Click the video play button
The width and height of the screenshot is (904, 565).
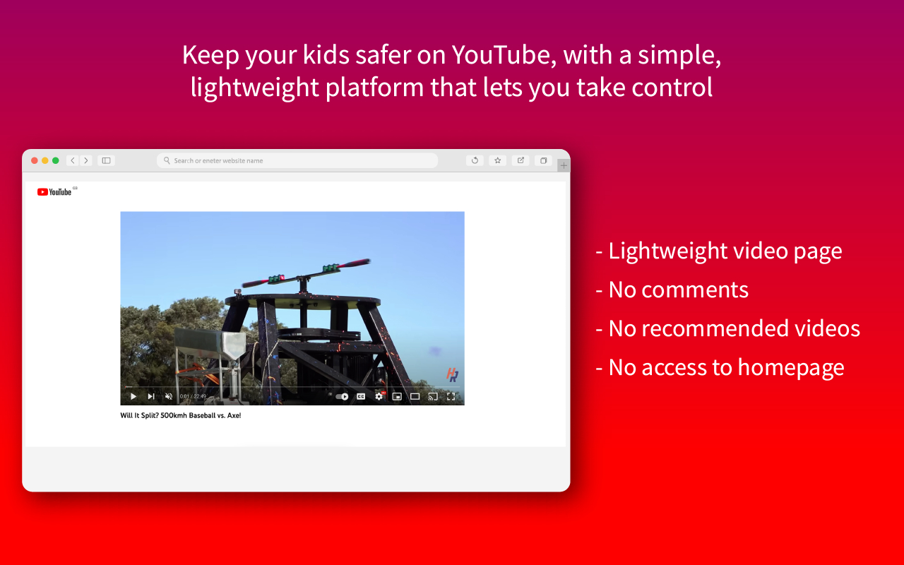click(x=133, y=396)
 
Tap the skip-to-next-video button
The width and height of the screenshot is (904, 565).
click(x=150, y=396)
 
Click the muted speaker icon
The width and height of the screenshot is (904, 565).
click(x=168, y=396)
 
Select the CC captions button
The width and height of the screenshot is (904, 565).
click(x=361, y=396)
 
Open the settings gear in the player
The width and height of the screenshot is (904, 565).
click(x=379, y=396)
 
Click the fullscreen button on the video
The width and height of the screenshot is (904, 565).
click(x=451, y=396)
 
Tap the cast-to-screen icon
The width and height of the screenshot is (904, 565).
click(x=433, y=396)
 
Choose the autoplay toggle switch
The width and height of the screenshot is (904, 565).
click(x=343, y=396)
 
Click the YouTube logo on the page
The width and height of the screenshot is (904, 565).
click(x=55, y=192)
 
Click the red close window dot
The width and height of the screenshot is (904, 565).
click(x=35, y=160)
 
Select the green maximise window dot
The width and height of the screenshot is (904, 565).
click(x=56, y=160)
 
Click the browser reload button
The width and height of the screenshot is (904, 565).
click(x=475, y=160)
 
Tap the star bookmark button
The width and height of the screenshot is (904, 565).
click(x=497, y=160)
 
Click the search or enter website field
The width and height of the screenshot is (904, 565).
click(x=297, y=160)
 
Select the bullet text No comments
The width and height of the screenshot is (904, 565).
click(x=678, y=290)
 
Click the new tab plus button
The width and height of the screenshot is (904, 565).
click(x=564, y=165)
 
